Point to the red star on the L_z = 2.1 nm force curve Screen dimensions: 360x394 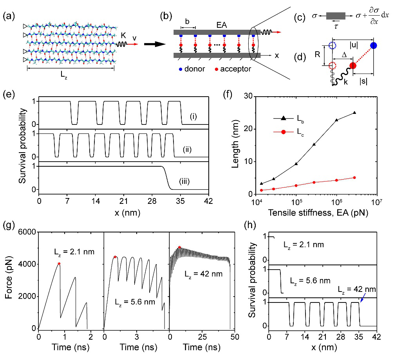click(x=59, y=264)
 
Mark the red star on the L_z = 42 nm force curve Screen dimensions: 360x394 click(x=179, y=247)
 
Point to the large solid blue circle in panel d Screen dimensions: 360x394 click(x=373, y=45)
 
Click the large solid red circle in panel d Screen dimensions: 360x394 click(x=352, y=66)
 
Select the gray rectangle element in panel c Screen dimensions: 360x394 click(x=335, y=16)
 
